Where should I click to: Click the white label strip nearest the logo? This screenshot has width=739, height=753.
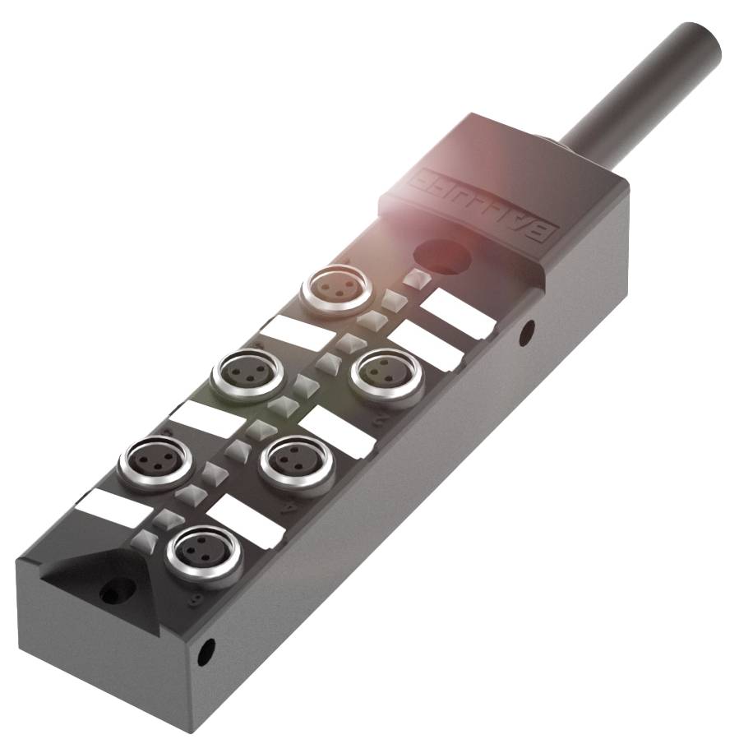[x=458, y=313]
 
